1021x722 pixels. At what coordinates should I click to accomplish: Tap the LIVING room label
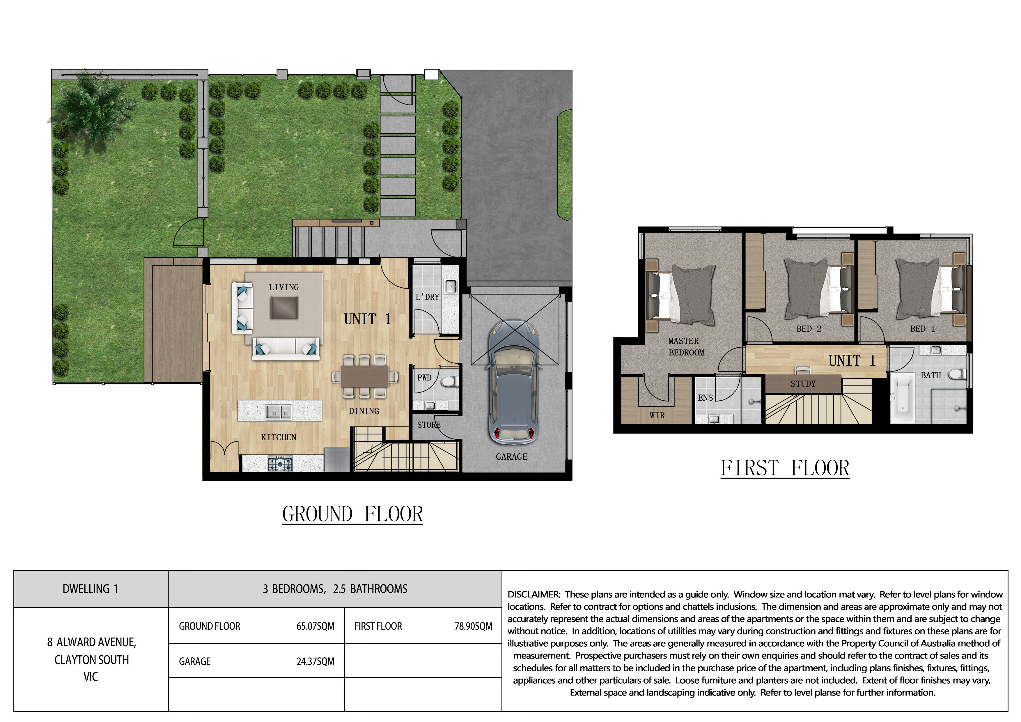pyautogui.click(x=284, y=287)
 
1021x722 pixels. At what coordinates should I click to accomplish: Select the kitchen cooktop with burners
pyautogui.click(x=281, y=464)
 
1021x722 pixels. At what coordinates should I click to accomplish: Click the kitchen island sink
pyautogui.click(x=279, y=412)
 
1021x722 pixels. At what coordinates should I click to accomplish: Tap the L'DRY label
pyautogui.click(x=427, y=297)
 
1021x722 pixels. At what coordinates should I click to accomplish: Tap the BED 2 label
pyautogui.click(x=809, y=329)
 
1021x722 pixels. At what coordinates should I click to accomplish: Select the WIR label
pyautogui.click(x=657, y=415)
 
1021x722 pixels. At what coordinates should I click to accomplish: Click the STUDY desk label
pyautogui.click(x=803, y=383)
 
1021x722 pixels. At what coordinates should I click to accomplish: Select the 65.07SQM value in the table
pyautogui.click(x=315, y=626)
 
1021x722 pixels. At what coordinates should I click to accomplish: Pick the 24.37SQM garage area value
pyautogui.click(x=315, y=661)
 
